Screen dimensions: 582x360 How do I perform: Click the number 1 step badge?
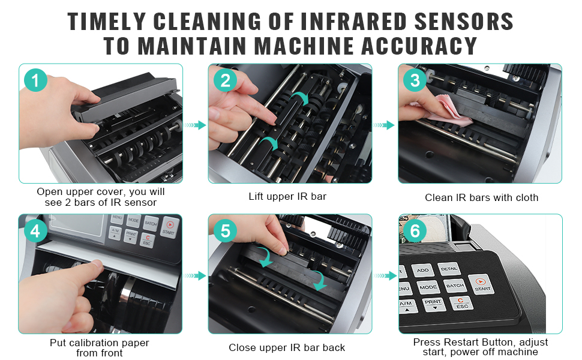coord(35,80)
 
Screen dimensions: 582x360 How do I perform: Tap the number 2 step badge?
coord(226,80)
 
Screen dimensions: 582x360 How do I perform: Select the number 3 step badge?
coord(415,80)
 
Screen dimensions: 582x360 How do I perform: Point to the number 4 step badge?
coord(35,231)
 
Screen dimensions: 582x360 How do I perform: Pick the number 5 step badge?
coord(226,231)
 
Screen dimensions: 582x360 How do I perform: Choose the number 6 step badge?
coord(415,231)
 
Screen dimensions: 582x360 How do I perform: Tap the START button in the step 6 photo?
coord(482,284)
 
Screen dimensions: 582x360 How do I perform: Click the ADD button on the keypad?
coord(422,270)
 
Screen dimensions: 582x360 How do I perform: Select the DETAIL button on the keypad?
coord(449,269)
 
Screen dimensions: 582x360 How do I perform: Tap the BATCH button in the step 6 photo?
coord(455,286)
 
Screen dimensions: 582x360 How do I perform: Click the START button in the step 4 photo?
coord(169,227)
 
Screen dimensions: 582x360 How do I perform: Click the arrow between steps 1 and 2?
coord(195,125)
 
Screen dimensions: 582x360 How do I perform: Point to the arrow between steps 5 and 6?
coord(385,276)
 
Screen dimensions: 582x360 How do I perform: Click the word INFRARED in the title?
coord(353,21)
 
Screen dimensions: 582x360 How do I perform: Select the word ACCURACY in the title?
coord(419,46)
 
